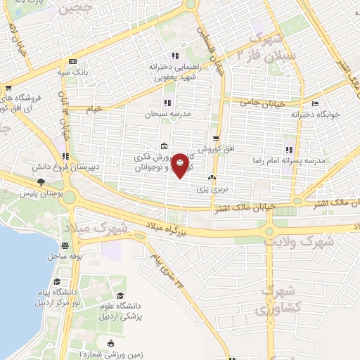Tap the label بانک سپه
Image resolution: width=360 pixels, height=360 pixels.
[74, 71]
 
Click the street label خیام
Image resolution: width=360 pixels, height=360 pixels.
[95, 109]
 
